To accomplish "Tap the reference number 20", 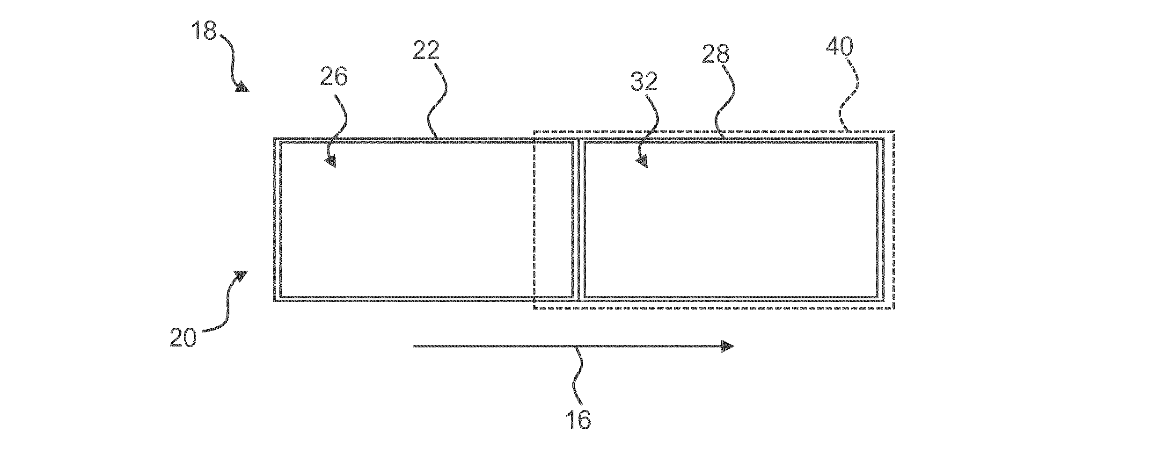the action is (183, 337).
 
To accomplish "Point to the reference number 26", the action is (334, 76).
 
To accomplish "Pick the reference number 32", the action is (644, 81).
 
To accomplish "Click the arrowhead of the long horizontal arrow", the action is (727, 346).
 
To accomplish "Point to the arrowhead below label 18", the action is (242, 86).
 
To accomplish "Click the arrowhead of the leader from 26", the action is (331, 161).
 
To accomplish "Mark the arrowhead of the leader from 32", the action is (642, 162).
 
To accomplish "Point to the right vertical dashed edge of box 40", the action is (893, 220).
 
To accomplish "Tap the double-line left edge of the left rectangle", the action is (277, 219).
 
